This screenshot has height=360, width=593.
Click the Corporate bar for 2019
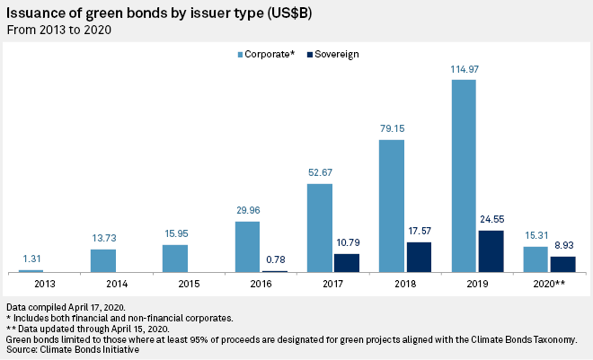(x=464, y=176)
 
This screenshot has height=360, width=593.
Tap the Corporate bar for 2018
(x=392, y=206)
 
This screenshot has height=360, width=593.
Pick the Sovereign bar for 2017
(x=347, y=263)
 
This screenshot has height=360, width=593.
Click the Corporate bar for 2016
(x=247, y=247)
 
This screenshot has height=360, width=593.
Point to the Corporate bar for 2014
(x=103, y=260)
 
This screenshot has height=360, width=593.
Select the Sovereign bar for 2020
(x=562, y=264)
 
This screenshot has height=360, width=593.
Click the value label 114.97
(x=464, y=70)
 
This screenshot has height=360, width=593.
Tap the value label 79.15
(x=392, y=130)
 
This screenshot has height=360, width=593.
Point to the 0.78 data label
(x=275, y=261)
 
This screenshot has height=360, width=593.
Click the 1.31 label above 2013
(x=31, y=260)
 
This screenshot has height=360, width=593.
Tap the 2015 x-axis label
(x=175, y=283)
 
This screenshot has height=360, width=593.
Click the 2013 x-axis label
(x=31, y=283)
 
